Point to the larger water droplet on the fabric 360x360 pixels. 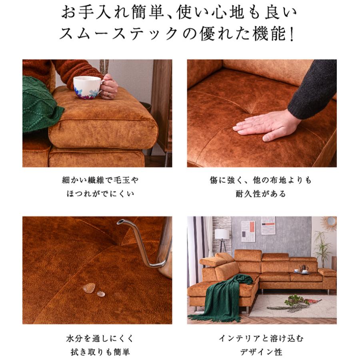pos(89,288)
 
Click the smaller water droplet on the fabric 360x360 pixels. pos(101,294)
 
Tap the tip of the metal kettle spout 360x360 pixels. pos(119,222)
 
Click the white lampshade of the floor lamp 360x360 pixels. pos(222,234)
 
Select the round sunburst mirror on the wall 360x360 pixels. pos(331,222)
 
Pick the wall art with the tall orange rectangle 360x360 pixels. pos(248,231)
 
